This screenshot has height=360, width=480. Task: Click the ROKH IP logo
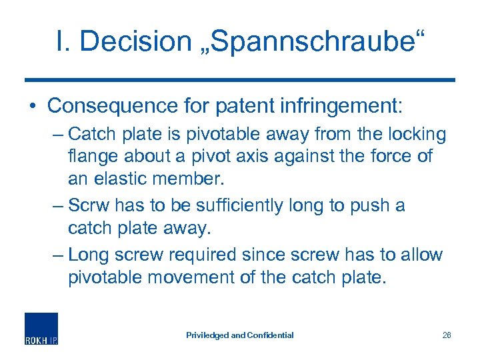click(x=41, y=329)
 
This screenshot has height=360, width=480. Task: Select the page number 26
click(x=447, y=335)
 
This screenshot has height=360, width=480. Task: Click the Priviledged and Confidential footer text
click(x=240, y=335)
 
